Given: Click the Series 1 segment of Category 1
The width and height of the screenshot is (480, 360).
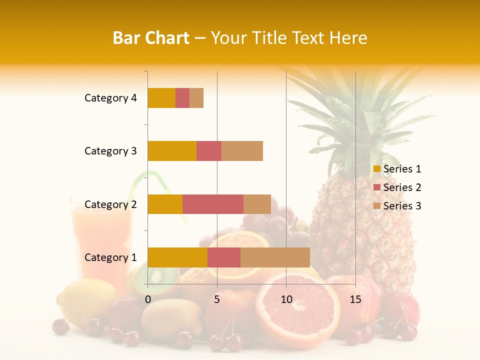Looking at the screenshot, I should (177, 257).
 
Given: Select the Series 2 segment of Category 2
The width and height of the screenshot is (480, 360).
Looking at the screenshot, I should (213, 204).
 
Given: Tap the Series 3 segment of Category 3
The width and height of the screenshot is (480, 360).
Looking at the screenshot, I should (242, 151).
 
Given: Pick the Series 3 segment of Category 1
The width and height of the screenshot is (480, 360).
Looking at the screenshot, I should (275, 257).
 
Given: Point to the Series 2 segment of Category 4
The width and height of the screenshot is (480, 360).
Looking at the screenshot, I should (182, 98).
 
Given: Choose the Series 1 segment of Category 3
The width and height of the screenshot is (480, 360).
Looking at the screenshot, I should (172, 151).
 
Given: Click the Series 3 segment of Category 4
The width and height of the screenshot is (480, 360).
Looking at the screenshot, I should (196, 98).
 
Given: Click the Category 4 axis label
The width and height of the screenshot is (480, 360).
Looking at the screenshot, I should (110, 98).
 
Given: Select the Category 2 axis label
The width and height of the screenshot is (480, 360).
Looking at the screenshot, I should (110, 204).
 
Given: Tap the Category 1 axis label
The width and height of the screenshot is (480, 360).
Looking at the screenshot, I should (110, 257).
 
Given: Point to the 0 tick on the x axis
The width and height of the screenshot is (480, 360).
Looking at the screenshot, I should (148, 299).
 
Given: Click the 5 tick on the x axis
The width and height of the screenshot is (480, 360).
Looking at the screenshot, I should (217, 299).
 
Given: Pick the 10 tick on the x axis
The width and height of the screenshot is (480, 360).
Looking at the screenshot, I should (286, 299).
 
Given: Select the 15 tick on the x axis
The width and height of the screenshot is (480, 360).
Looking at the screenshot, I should (355, 299).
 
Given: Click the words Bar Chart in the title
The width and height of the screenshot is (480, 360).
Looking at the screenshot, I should (151, 38).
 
